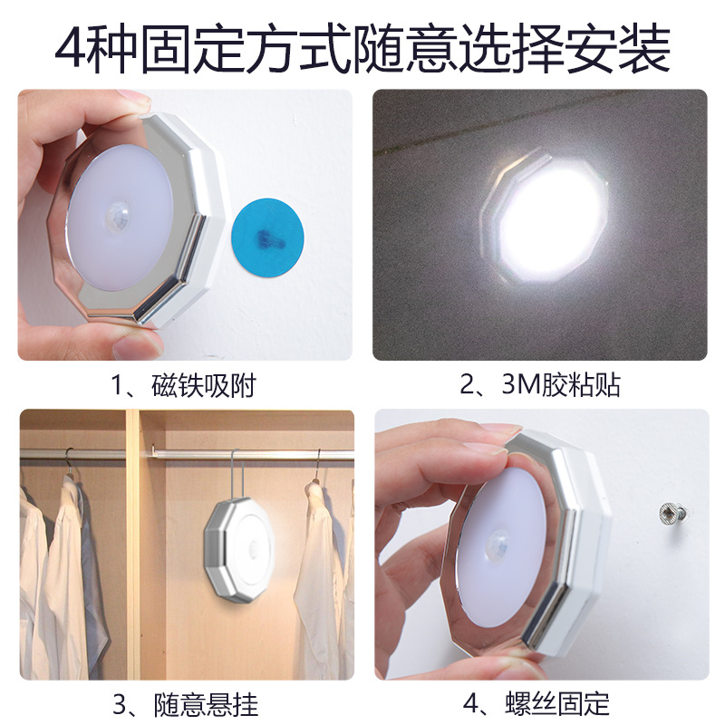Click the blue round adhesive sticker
267,237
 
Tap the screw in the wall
672,514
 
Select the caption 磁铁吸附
203,386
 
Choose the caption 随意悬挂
206,704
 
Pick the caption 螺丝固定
557,703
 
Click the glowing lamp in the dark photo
546,217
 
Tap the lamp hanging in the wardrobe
239,550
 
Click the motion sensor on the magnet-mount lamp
118,214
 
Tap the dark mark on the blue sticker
269,237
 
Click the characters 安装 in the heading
618,49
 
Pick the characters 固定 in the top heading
192,49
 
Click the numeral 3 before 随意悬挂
120,705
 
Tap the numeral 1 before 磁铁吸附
118,386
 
